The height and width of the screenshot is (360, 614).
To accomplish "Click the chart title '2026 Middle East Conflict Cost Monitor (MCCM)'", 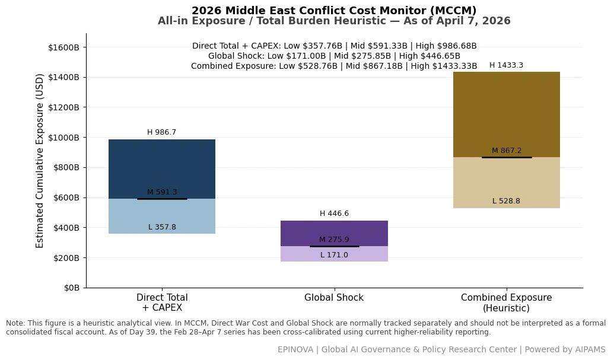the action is point(334,10).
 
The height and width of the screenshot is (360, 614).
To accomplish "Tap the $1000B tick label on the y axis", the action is point(64,138).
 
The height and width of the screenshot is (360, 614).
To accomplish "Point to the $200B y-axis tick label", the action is point(66,258).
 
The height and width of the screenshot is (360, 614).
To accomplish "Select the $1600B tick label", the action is point(64,47).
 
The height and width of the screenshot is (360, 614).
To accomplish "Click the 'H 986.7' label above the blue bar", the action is point(162,132).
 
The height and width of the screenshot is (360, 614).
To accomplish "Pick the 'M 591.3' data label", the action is point(162,192).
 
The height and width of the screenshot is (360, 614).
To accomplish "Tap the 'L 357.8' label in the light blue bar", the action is point(162,227).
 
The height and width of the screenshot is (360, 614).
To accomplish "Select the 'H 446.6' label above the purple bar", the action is point(334,214).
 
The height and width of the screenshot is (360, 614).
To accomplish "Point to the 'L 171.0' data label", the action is point(334,255).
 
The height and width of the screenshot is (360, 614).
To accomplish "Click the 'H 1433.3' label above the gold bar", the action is point(506,65).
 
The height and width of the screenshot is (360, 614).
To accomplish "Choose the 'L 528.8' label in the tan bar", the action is point(506,201).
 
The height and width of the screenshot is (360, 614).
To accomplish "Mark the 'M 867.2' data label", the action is point(507,151).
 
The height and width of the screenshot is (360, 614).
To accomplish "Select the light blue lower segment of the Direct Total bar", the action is point(162,216).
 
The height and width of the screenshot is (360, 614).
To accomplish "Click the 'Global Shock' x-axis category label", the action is point(334,298).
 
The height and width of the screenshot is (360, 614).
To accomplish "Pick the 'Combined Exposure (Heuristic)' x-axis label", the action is point(506,303).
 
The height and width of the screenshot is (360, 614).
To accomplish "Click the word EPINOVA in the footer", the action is point(295,349).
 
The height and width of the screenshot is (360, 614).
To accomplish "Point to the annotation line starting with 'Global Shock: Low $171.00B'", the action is point(334,56).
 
